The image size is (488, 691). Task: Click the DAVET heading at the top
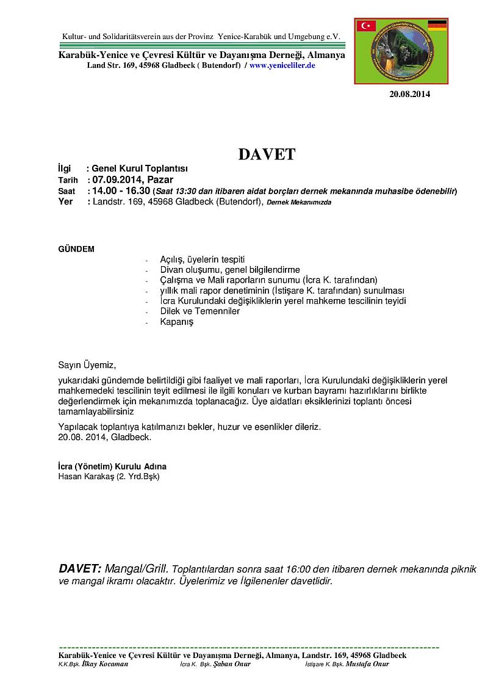(x=267, y=154)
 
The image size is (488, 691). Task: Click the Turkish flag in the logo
(x=367, y=26)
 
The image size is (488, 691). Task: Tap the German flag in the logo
(x=437, y=25)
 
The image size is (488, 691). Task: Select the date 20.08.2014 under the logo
(x=410, y=94)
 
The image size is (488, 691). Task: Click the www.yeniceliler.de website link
(x=282, y=65)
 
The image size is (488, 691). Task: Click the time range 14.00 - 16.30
(x=121, y=191)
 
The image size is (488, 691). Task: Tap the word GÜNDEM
(x=76, y=249)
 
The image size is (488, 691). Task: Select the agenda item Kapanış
(x=176, y=322)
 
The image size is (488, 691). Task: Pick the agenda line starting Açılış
(x=202, y=259)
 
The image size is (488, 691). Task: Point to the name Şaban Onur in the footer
(x=232, y=664)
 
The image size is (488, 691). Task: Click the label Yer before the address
(x=65, y=202)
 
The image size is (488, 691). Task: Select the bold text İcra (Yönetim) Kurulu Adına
(x=112, y=466)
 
